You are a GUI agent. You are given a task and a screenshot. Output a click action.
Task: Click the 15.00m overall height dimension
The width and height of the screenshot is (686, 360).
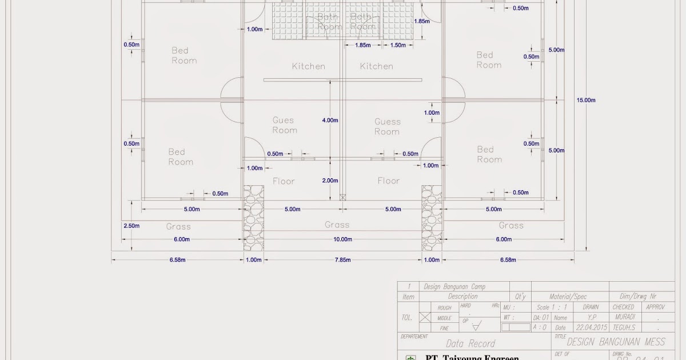click(585, 100)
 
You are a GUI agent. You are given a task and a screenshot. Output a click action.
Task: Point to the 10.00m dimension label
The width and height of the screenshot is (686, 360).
click(342, 239)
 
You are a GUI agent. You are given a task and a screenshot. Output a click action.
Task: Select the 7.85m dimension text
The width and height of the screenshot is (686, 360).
click(342, 260)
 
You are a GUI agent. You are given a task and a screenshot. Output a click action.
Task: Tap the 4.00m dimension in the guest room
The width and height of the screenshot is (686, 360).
click(330, 121)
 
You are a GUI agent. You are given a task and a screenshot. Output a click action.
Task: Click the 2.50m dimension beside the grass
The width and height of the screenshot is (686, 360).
click(131, 226)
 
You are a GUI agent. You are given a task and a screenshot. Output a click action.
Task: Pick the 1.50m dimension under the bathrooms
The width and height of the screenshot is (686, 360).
click(397, 45)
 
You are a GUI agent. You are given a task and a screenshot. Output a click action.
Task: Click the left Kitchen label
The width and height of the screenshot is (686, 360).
click(308, 66)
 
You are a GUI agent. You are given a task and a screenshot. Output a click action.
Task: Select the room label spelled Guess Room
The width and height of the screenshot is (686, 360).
click(387, 126)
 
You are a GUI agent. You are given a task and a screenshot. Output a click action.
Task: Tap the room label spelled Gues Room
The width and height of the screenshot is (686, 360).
click(284, 125)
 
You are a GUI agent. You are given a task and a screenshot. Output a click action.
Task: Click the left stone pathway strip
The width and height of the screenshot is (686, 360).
click(254, 218)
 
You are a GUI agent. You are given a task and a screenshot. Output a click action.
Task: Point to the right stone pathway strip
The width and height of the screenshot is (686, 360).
click(432, 218)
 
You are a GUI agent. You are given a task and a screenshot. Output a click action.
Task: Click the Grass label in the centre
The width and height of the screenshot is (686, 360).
click(337, 225)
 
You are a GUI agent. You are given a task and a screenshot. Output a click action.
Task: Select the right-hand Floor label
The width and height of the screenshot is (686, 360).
click(388, 181)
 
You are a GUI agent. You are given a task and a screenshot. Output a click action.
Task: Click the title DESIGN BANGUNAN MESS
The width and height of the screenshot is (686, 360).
click(616, 342)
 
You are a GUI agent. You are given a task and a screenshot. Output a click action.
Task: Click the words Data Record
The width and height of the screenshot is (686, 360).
click(470, 343)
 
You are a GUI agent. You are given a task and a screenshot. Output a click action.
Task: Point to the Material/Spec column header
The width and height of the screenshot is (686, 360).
click(568, 297)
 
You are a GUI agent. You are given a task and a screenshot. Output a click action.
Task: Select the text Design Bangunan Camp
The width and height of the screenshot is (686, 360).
click(454, 287)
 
